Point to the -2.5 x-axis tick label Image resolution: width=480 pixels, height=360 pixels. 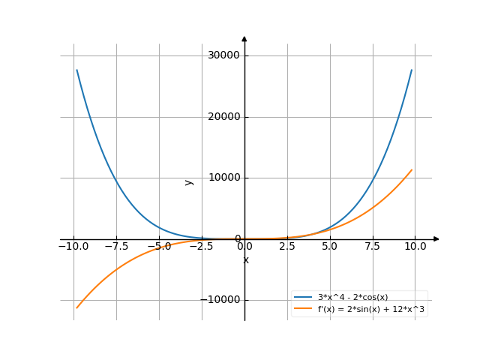click(199, 246)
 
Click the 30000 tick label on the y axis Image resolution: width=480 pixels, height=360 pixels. click(224, 55)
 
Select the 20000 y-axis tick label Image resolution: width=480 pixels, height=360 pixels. click(224, 117)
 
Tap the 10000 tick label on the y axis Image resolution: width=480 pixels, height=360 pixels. click(224, 178)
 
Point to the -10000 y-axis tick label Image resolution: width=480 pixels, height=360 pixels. click(222, 300)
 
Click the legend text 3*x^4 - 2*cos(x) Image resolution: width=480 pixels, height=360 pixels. click(352, 297)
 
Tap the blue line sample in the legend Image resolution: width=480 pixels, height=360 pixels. click(303, 297)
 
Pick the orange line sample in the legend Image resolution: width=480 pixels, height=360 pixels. click(303, 308)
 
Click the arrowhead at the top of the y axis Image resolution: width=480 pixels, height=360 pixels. click(244, 38)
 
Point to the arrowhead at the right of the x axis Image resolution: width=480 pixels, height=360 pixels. click(436, 239)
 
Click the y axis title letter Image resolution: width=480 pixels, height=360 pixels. click(189, 181)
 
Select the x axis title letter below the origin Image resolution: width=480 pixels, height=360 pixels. click(245, 260)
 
